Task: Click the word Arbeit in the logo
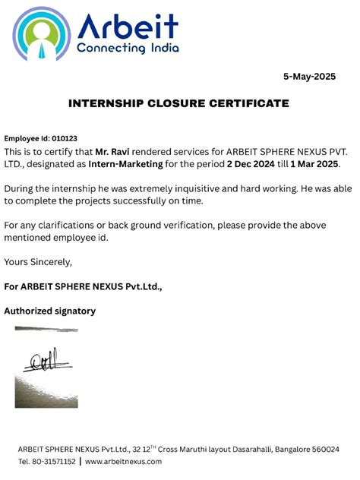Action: [127, 26]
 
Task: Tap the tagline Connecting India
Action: [127, 48]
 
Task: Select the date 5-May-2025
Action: [309, 77]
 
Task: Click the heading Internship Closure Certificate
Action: [178, 103]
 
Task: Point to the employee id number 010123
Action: [62, 138]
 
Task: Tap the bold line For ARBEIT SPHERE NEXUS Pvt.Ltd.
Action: [84, 286]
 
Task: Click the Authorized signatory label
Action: [50, 311]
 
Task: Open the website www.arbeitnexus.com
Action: [123, 462]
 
